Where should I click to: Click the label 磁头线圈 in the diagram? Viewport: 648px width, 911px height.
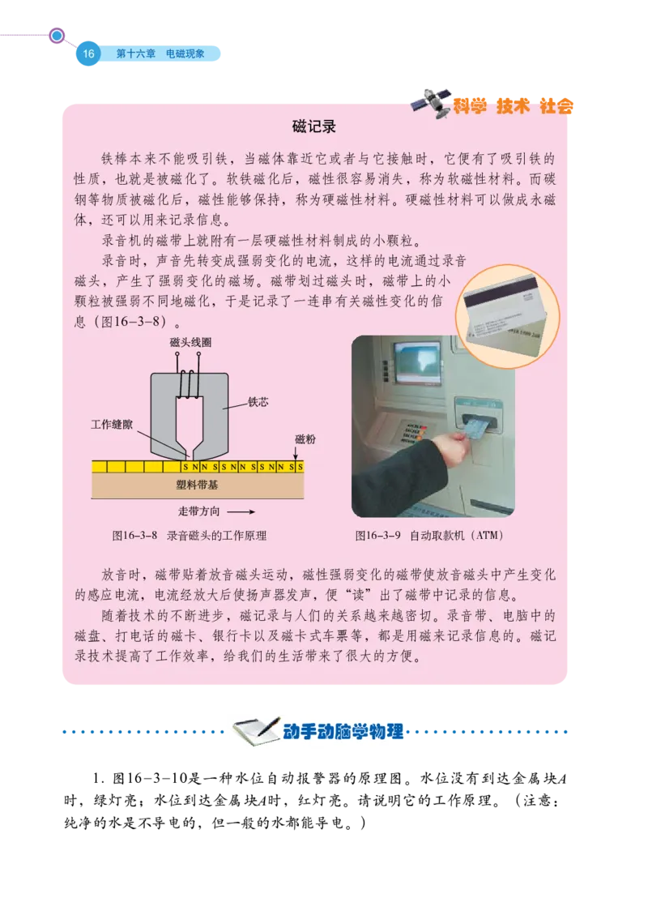coord(191,344)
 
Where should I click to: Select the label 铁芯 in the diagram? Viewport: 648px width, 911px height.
coord(257,400)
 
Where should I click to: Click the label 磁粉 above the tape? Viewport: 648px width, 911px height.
coord(305,438)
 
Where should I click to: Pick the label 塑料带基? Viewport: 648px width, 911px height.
coord(197,485)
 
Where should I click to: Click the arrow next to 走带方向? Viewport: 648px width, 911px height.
coord(241,511)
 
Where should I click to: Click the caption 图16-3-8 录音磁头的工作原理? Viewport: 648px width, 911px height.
coord(190,536)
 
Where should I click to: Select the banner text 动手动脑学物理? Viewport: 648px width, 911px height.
coord(343,733)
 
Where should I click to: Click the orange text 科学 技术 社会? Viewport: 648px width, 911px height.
coord(513,105)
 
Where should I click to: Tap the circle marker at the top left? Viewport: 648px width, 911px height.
coord(57,36)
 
